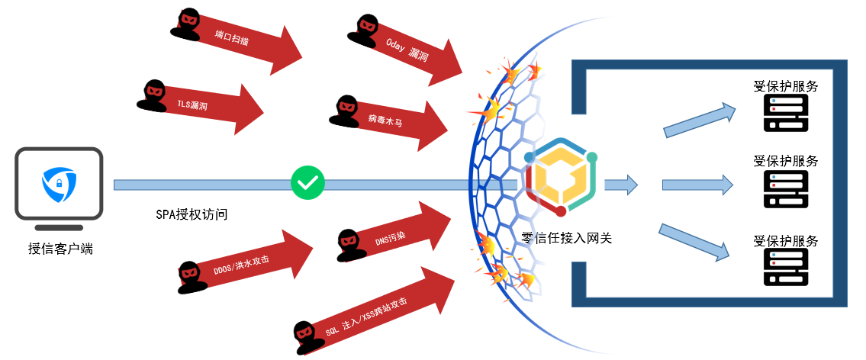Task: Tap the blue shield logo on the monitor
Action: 58,183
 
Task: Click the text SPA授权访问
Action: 192,214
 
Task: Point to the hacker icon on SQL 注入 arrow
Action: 304,336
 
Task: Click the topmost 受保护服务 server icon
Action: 785,113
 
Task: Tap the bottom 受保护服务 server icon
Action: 785,266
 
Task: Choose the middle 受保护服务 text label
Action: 785,161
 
